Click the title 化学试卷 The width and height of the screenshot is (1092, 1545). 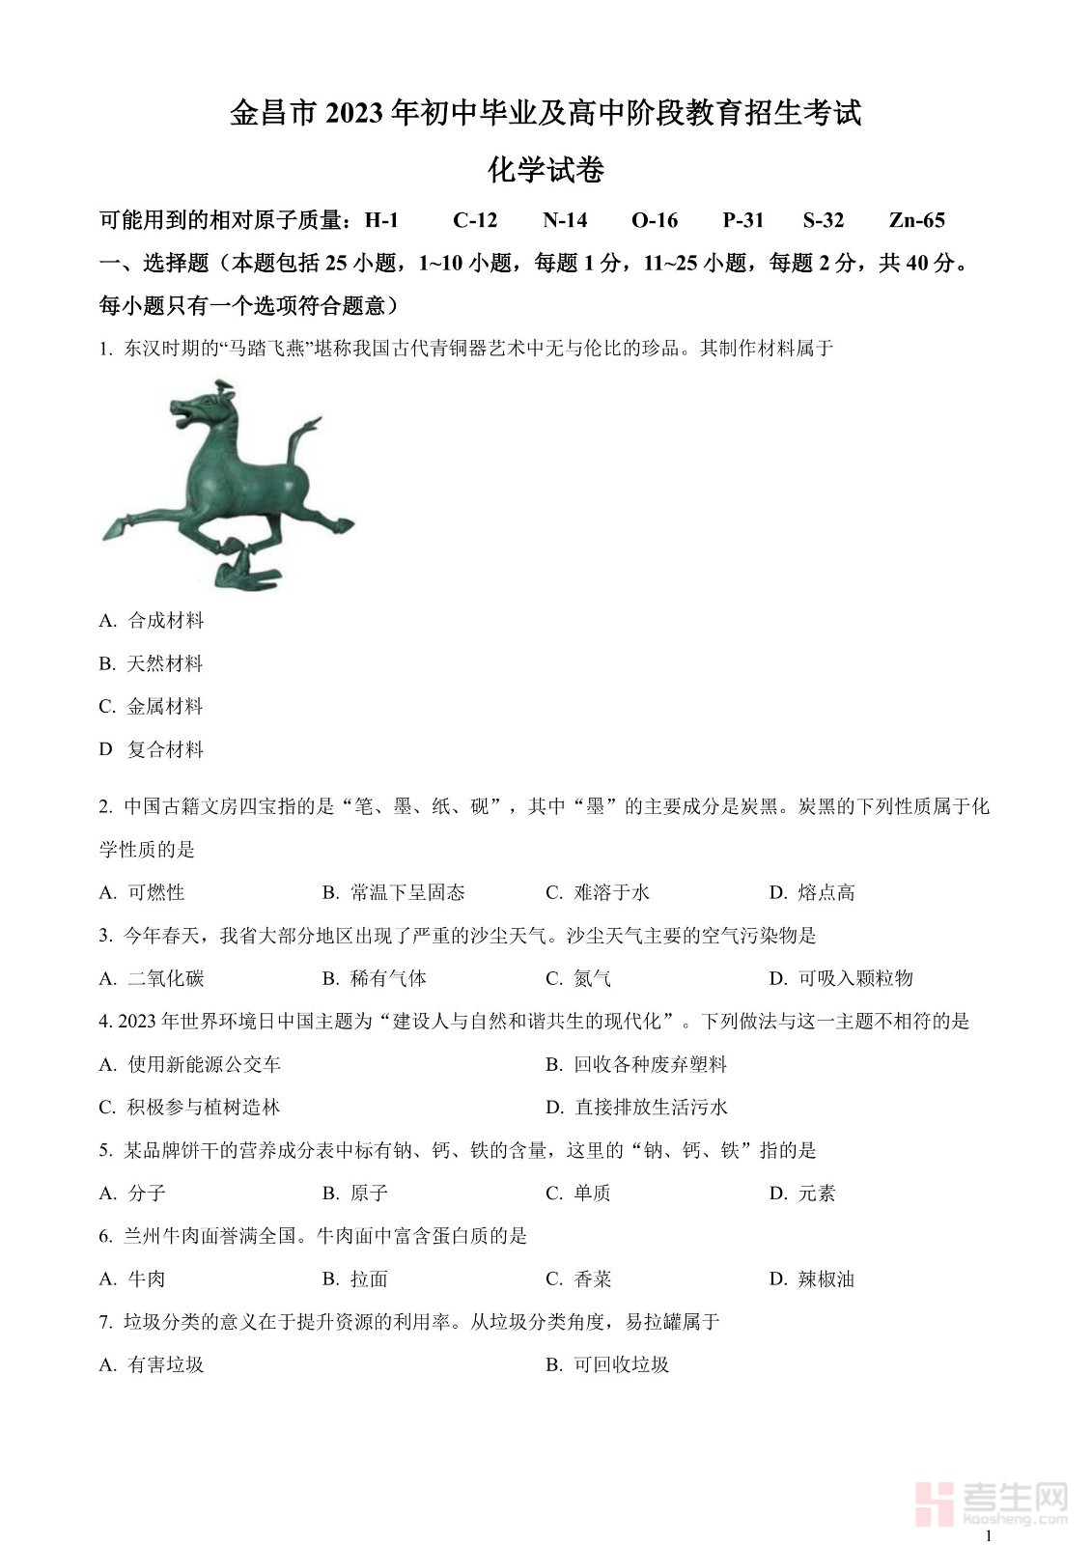pos(546,171)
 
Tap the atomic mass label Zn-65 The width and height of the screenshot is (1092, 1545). pos(916,220)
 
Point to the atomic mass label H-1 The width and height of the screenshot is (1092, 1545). pos(381,220)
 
